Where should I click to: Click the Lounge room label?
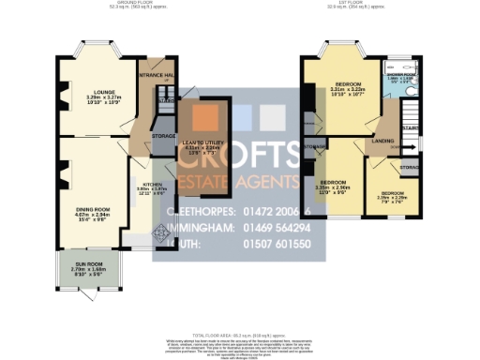91,91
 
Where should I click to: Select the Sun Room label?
85,268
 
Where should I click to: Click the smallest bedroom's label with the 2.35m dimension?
389,194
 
